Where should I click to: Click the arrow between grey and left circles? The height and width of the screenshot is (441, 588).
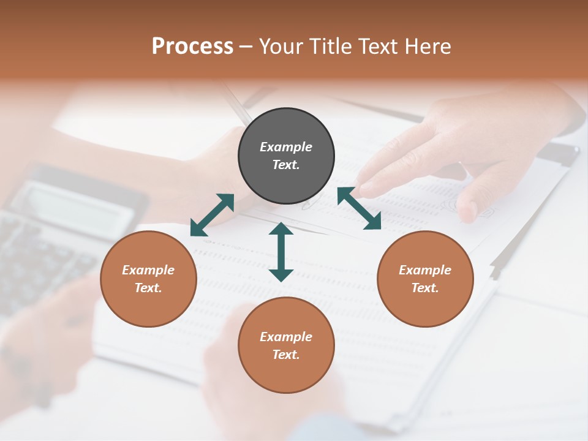(x=212, y=214)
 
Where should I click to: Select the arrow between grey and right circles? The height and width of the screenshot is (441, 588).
(x=359, y=208)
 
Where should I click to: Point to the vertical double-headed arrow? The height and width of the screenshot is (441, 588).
(x=281, y=252)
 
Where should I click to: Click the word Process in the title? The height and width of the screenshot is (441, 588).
(x=192, y=46)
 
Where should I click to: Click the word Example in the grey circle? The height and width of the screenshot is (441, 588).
(x=286, y=147)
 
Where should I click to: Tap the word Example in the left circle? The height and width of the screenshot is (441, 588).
(x=148, y=270)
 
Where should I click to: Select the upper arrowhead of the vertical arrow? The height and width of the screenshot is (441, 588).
(x=281, y=229)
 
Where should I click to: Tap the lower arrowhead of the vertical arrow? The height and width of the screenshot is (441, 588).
(x=281, y=275)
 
